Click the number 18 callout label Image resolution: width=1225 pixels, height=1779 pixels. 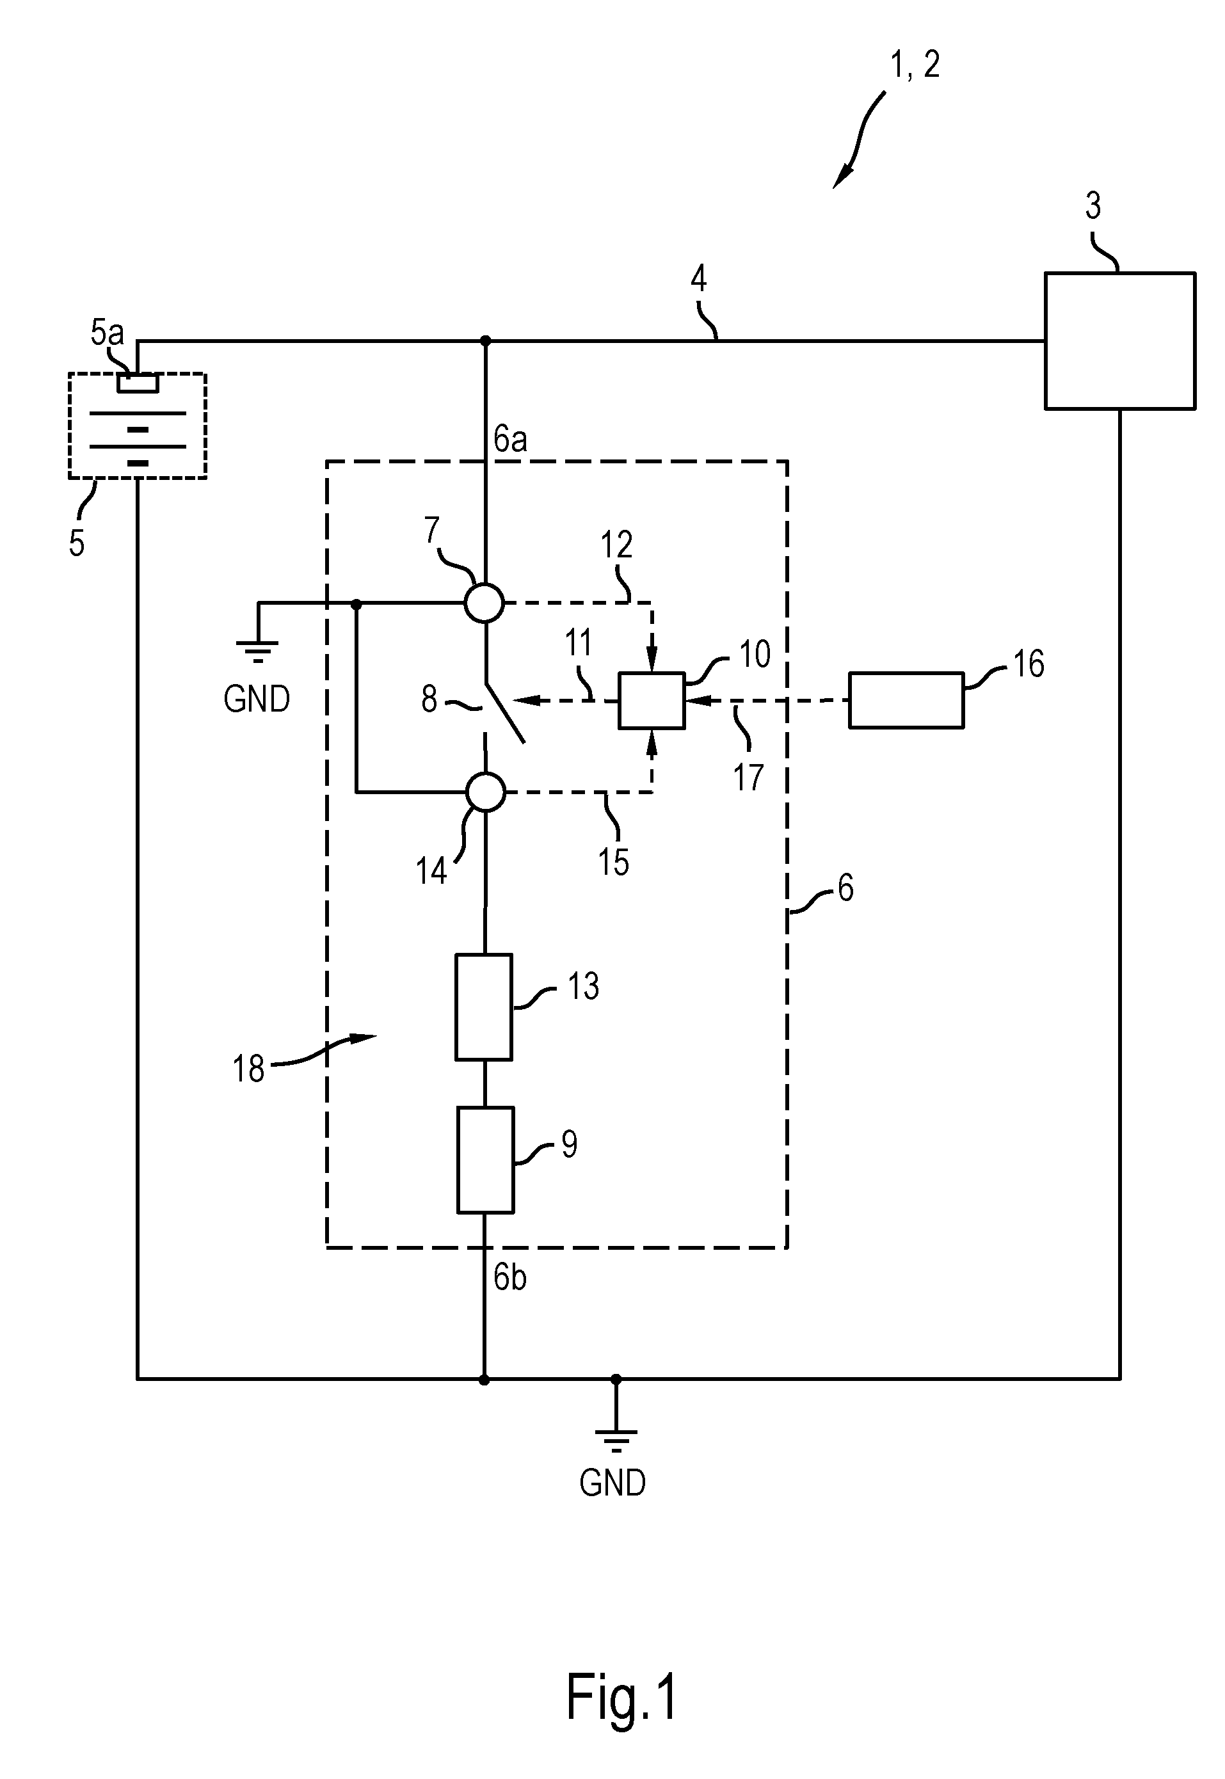click(x=249, y=1069)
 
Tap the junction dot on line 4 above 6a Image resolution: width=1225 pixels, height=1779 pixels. click(x=485, y=340)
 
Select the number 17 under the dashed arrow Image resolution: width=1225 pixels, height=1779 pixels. click(x=748, y=778)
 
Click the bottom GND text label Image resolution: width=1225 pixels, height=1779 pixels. click(x=612, y=1483)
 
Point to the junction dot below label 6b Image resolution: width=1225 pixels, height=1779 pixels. click(x=484, y=1380)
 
